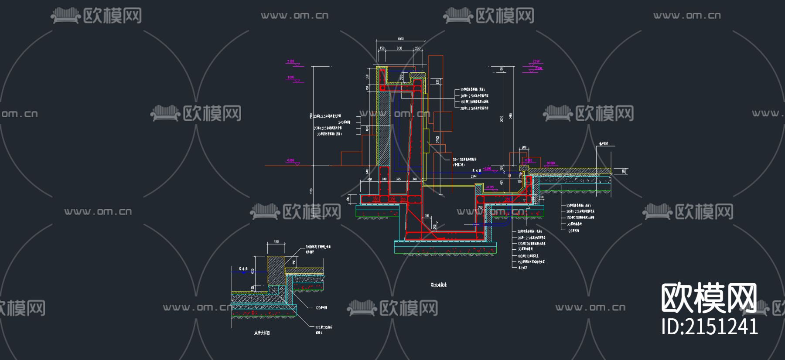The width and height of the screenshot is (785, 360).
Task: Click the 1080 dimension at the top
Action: (x=400, y=39)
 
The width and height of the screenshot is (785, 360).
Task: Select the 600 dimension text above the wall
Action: (x=399, y=48)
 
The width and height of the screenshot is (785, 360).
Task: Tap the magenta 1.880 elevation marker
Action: (x=291, y=78)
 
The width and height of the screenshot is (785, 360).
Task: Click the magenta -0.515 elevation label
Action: (x=490, y=187)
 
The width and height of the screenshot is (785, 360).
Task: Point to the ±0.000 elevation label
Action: (x=551, y=163)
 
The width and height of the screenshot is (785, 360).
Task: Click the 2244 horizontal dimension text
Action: (x=474, y=176)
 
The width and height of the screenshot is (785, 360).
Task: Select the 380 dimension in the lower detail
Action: (x=276, y=241)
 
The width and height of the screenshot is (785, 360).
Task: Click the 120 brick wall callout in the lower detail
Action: (x=321, y=308)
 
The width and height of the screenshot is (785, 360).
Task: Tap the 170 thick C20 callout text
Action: (x=324, y=327)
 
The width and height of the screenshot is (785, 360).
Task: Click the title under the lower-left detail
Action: (x=262, y=333)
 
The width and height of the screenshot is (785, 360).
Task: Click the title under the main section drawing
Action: (x=439, y=285)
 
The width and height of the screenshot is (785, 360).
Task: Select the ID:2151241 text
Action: (x=710, y=326)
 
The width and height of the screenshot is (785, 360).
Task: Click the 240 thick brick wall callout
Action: (x=344, y=122)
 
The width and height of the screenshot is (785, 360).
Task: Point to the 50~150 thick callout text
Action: (x=464, y=160)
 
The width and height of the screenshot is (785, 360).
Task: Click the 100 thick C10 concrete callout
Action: (x=528, y=256)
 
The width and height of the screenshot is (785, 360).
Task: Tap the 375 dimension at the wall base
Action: (x=398, y=179)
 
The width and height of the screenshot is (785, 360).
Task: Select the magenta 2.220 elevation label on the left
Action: (x=290, y=61)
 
